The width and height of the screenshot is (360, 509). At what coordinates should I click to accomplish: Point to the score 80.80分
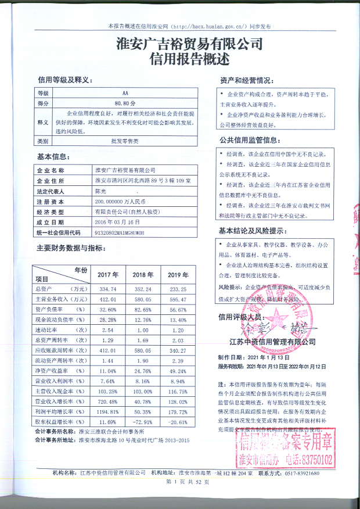[125, 103]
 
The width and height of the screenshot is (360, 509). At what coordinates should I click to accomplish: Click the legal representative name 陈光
[103, 191]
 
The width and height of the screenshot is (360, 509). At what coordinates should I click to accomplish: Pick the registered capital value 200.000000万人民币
[123, 202]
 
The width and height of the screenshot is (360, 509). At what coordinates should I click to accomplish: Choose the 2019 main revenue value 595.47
[178, 299]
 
